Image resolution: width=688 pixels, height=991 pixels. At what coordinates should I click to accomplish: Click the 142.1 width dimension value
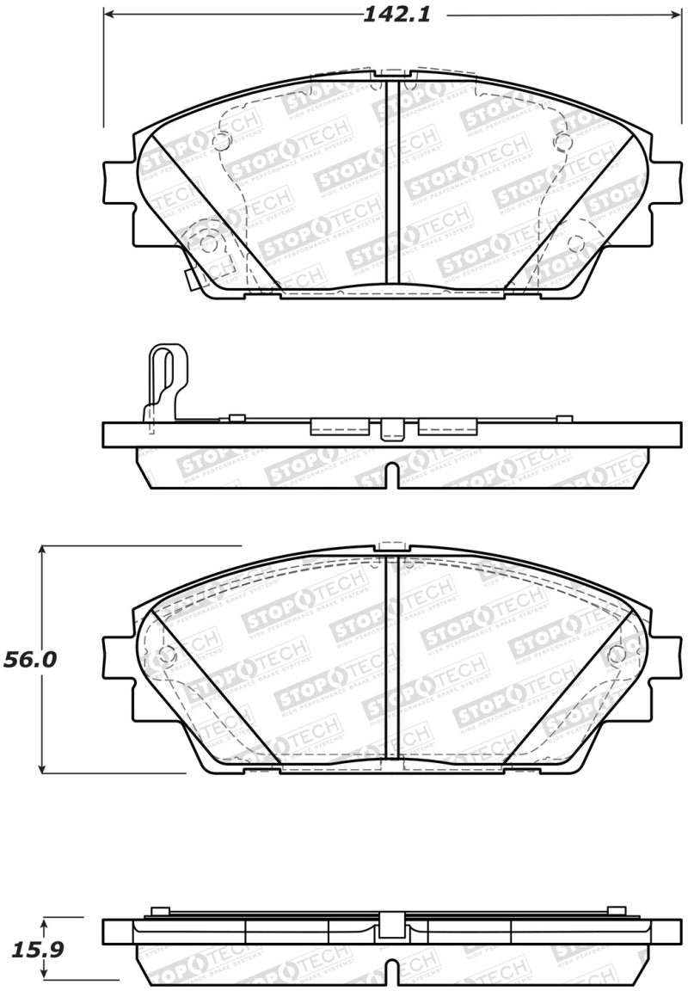pyautogui.click(x=395, y=15)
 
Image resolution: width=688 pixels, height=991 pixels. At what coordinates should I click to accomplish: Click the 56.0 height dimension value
pyautogui.click(x=30, y=659)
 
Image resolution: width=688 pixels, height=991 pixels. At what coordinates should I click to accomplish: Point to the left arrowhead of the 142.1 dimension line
pyautogui.click(x=110, y=15)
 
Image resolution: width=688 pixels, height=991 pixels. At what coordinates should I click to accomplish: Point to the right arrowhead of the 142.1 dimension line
pyautogui.click(x=676, y=15)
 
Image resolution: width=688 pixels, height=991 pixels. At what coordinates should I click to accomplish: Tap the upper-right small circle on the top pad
pyautogui.click(x=562, y=143)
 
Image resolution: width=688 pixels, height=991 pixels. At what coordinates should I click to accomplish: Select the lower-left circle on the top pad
pyautogui.click(x=208, y=243)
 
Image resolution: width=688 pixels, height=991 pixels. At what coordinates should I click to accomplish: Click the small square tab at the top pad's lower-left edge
pyautogui.click(x=193, y=280)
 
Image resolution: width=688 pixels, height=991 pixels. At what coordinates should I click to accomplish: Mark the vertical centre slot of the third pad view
pyautogui.click(x=392, y=657)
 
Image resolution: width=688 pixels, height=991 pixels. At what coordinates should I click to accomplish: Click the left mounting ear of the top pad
pyautogui.click(x=118, y=182)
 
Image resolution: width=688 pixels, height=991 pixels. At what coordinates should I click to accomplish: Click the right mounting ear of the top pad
pyautogui.click(x=666, y=182)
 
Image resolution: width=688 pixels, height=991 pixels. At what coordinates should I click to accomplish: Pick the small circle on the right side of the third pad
pyautogui.click(x=616, y=655)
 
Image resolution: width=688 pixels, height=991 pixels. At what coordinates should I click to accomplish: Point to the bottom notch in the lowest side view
pyautogui.click(x=392, y=975)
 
